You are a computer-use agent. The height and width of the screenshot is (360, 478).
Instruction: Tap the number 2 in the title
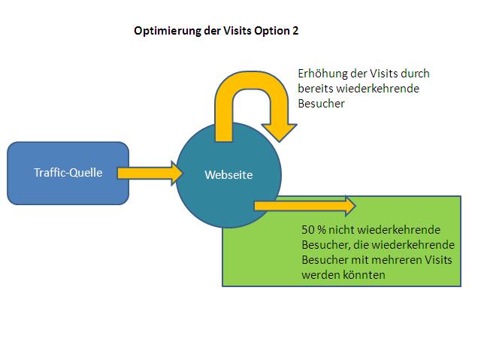pos(295,31)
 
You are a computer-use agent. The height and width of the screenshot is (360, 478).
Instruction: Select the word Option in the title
pos(272,31)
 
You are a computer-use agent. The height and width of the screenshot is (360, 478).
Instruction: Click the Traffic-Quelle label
pos(68,173)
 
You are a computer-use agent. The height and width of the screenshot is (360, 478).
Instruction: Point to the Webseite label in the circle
pos(228,174)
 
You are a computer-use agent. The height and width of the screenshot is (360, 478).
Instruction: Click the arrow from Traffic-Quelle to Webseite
pos(150,173)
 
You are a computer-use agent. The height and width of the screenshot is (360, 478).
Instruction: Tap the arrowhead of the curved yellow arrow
pos(280,132)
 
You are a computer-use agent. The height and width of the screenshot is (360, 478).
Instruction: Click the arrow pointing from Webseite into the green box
pos(305,206)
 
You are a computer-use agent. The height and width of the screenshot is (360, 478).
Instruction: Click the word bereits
pos(316,89)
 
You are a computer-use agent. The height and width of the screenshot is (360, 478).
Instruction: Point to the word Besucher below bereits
pos(322,104)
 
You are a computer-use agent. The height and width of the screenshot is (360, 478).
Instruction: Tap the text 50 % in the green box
pos(313,229)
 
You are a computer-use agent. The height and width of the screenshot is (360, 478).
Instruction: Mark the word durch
pos(415,74)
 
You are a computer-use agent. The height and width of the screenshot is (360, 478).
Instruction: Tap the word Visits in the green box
pos(437,260)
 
